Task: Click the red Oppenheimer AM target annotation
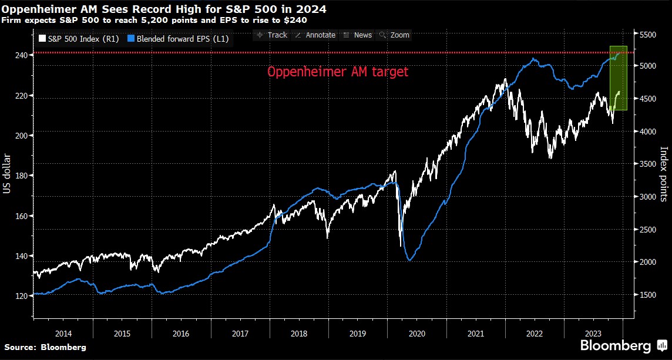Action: pos(337,72)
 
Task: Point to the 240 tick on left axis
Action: pos(22,55)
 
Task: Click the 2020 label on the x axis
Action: pos(416,333)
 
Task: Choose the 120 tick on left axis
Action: pos(22,296)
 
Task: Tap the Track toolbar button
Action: pos(272,35)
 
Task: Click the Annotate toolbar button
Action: pos(315,35)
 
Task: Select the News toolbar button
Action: pos(358,35)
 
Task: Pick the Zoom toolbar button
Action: pos(395,35)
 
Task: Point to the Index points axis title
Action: pos(664,174)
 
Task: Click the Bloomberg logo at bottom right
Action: pos(622,345)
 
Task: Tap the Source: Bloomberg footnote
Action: pos(45,347)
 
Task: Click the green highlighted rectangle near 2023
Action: pos(619,78)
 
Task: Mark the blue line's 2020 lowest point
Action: pos(410,260)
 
